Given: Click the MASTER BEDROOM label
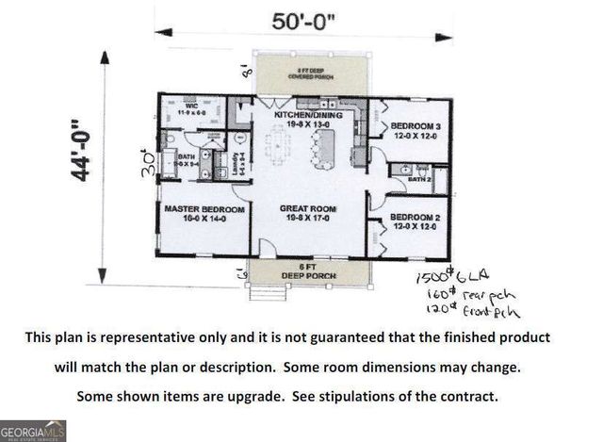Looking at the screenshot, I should pos(204,208).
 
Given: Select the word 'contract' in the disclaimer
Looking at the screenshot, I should pos(461,395).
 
